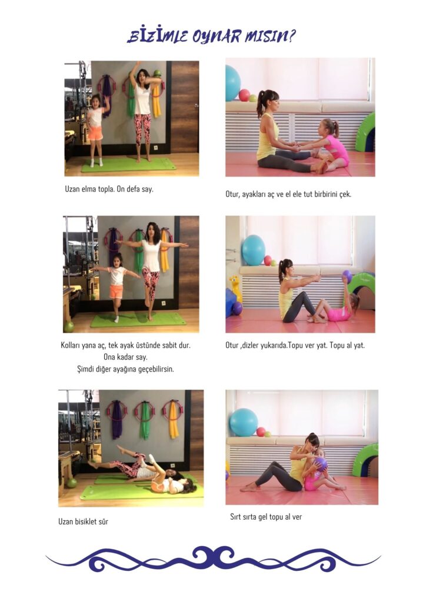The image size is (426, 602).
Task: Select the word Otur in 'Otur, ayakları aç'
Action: point(232,194)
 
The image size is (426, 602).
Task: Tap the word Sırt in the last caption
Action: point(235,517)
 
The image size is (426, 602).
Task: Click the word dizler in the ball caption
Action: point(250,346)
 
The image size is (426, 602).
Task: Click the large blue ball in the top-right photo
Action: point(232,83)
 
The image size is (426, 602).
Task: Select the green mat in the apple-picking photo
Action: point(128,165)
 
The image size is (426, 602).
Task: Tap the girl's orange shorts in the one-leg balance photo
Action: point(116,292)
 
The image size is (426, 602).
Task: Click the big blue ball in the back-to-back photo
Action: point(244,422)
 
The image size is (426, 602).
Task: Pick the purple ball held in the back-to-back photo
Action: point(320,464)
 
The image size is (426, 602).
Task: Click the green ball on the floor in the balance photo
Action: point(69,327)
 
